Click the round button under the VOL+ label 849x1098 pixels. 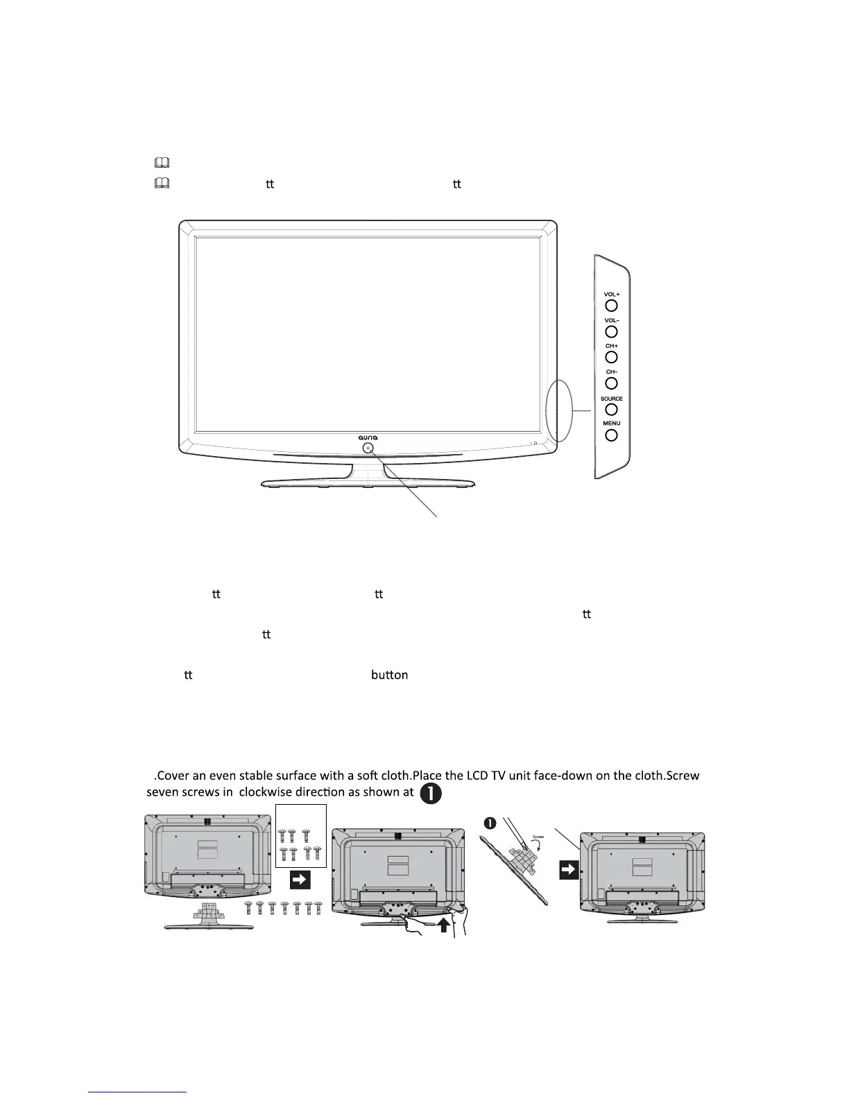pyautogui.click(x=611, y=305)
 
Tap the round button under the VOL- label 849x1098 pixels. pyautogui.click(x=611, y=331)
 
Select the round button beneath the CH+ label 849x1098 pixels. pyautogui.click(x=611, y=357)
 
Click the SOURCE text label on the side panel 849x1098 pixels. pyautogui.click(x=611, y=399)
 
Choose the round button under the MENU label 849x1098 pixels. pyautogui.click(x=611, y=435)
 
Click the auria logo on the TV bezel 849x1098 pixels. pyautogui.click(x=368, y=437)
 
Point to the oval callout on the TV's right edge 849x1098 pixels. pyautogui.click(x=558, y=410)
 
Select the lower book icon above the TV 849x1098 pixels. pyautogui.click(x=162, y=184)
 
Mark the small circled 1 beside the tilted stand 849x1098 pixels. pyautogui.click(x=490, y=824)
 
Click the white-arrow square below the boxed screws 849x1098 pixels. pyautogui.click(x=300, y=880)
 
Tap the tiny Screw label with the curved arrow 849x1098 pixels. pyautogui.click(x=538, y=837)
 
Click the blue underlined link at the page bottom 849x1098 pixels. pyautogui.click(x=139, y=1092)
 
